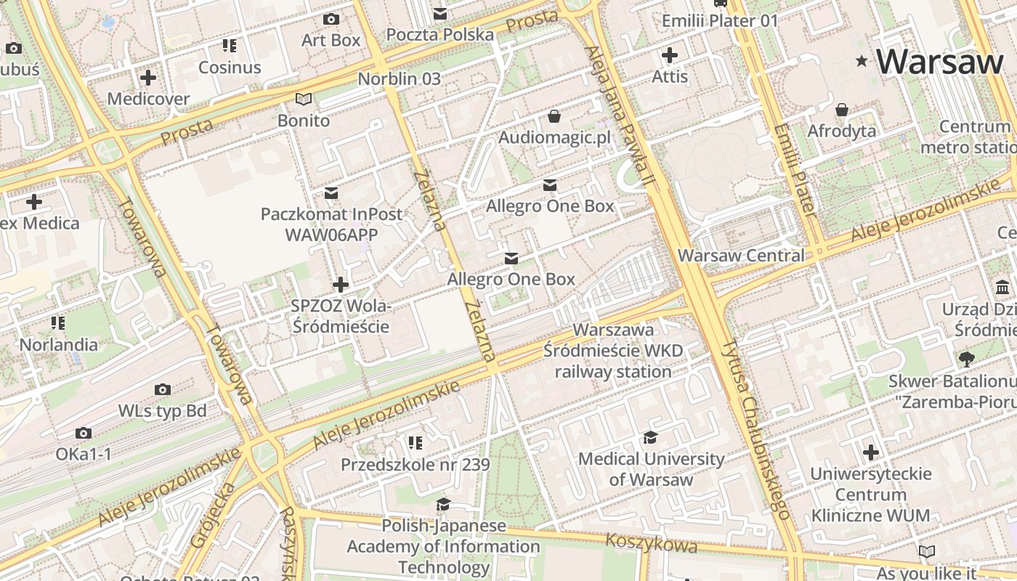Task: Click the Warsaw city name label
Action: tap(939, 61)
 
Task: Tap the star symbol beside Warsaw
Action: tap(862, 61)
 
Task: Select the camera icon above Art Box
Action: tap(331, 19)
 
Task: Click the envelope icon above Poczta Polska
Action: tap(440, 13)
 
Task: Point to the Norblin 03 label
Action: tap(400, 78)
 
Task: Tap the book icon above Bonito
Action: tap(304, 99)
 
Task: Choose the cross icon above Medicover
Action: tap(148, 77)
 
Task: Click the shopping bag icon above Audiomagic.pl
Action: tap(554, 116)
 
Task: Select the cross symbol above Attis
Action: tap(670, 54)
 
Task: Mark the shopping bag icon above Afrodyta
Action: tap(842, 110)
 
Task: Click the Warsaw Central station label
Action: tap(741, 256)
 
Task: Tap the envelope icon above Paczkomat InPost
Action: tap(331, 192)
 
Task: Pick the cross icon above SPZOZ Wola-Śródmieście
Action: tap(340, 284)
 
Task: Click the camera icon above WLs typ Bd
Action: tap(163, 390)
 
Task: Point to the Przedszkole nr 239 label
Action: tap(416, 465)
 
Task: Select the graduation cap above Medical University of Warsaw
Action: tap(650, 437)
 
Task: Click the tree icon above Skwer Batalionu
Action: tap(966, 358)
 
